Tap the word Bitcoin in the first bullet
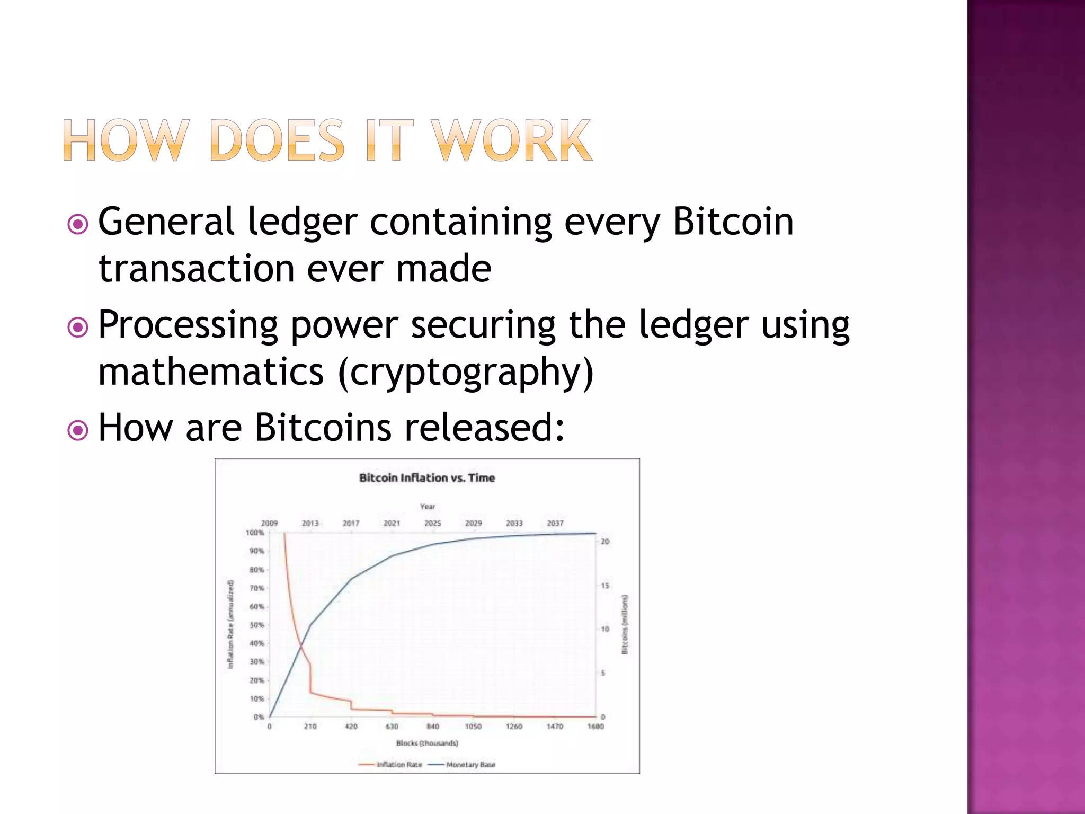coord(733,222)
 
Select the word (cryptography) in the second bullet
coord(465,372)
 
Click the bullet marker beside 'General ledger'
coord(78,225)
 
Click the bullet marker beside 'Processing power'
coord(78,328)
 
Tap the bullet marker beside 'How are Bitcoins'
coord(78,430)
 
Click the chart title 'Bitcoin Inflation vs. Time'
coord(427,478)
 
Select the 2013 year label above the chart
coord(310,523)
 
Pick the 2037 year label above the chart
coord(555,523)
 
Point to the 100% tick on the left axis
coord(255,533)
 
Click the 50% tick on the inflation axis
coord(256,625)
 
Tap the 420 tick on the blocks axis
coord(351,727)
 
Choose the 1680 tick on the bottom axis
coord(595,727)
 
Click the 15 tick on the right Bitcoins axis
coord(604,586)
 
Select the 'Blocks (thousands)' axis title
coord(427,743)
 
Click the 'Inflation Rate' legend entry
coord(399,765)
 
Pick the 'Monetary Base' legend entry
coord(470,765)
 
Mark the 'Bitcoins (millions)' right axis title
coord(625,624)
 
